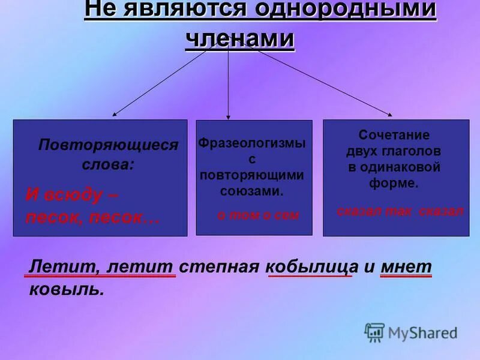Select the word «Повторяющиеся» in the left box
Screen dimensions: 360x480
coord(109,145)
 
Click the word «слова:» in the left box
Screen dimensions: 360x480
coord(109,163)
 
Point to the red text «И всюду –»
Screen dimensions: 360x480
coord(72,195)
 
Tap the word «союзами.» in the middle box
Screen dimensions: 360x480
coord(251,191)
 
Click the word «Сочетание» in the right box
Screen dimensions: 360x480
coord(394,136)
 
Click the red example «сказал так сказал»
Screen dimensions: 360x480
coord(400,211)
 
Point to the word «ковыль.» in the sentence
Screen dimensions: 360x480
coord(67,289)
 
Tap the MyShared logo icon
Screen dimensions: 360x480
coord(374,332)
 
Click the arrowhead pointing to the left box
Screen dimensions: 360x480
coord(114,114)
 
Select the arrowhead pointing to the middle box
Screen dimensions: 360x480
coord(229,116)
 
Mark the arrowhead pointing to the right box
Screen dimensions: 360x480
coord(391,114)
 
